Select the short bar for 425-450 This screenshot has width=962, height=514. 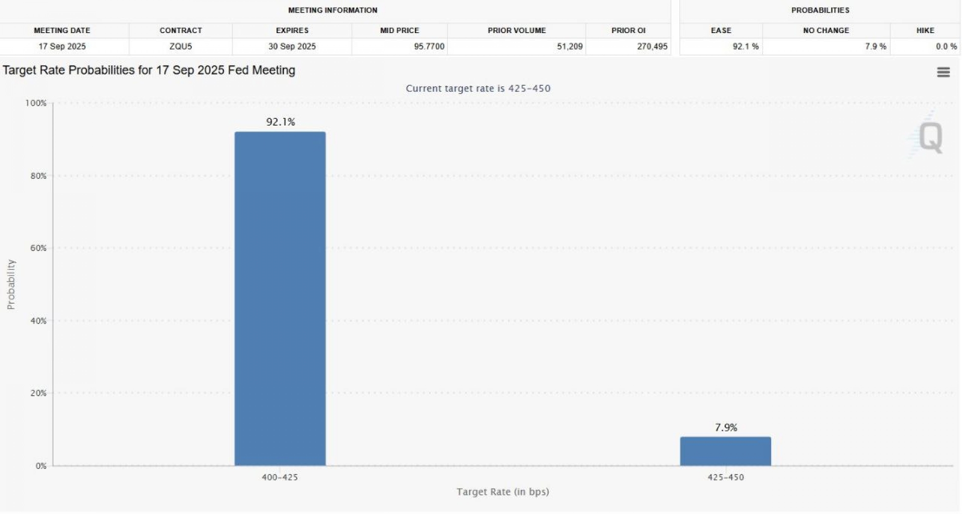pyautogui.click(x=725, y=451)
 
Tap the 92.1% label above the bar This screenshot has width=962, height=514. pyautogui.click(x=281, y=122)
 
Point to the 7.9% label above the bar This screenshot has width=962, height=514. pyautogui.click(x=726, y=427)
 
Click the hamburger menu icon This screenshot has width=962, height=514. pyautogui.click(x=943, y=72)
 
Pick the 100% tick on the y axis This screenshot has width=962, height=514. pyautogui.click(x=36, y=103)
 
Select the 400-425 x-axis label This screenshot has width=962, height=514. pyautogui.click(x=280, y=477)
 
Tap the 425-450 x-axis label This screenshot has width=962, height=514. pyautogui.click(x=725, y=477)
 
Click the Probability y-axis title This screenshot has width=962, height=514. pyautogui.click(x=11, y=284)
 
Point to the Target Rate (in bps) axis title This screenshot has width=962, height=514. pyautogui.click(x=503, y=492)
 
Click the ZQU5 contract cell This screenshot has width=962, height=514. pyautogui.click(x=180, y=47)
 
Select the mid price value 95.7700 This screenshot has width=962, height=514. pyautogui.click(x=429, y=47)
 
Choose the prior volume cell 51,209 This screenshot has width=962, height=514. pyautogui.click(x=570, y=47)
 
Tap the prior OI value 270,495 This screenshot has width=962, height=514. pyautogui.click(x=652, y=47)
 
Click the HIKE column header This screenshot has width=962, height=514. pyautogui.click(x=925, y=31)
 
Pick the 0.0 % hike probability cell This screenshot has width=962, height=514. pyautogui.click(x=946, y=47)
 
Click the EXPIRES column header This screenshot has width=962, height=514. pyautogui.click(x=292, y=31)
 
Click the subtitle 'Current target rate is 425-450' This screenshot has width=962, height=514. pyautogui.click(x=478, y=89)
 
